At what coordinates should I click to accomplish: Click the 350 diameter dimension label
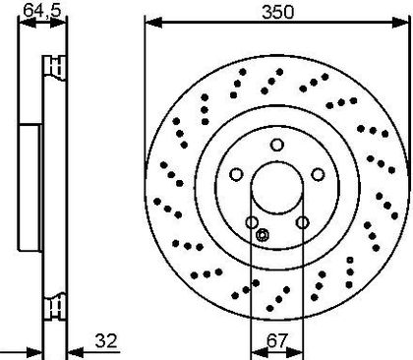278,12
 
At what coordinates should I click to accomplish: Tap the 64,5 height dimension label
42,10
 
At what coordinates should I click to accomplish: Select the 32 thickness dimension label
106,341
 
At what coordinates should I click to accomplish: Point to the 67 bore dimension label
277,340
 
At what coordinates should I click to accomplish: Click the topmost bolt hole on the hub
277,145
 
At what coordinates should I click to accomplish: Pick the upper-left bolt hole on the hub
236,174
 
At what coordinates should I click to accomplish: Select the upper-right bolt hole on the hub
318,174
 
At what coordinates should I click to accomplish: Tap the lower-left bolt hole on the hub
252,222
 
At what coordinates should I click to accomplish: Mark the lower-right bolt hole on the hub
303,222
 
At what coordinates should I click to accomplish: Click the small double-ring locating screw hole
263,235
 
